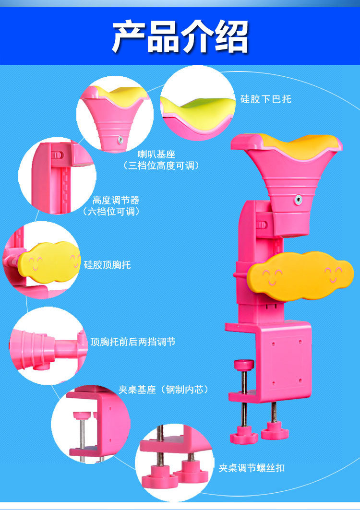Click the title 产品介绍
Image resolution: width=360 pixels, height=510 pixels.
(x=180, y=36)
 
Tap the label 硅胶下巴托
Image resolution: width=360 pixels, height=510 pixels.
(x=265, y=99)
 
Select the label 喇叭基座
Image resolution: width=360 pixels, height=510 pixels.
(x=156, y=154)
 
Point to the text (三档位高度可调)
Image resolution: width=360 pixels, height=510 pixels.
(x=161, y=166)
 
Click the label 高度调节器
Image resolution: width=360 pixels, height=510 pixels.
(x=116, y=200)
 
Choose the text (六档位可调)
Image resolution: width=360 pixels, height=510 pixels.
(x=111, y=211)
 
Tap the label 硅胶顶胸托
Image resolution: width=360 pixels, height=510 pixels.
(x=107, y=264)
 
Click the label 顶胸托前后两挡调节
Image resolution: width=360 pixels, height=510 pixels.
(x=132, y=342)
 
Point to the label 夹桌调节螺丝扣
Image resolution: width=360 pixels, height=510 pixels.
(x=252, y=467)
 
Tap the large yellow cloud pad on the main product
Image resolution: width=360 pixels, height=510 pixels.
(x=300, y=276)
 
